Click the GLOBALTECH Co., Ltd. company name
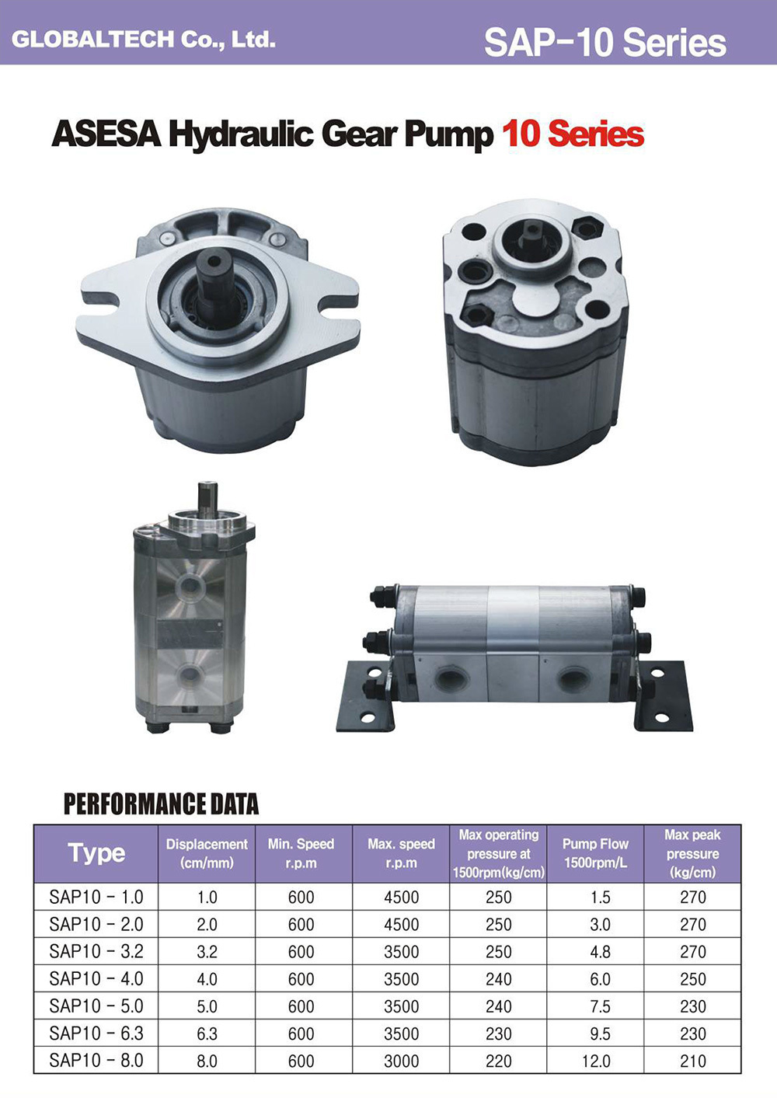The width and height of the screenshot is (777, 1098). tap(143, 39)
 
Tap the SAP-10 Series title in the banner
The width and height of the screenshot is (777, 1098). tap(605, 43)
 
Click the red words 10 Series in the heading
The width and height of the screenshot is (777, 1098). tap(573, 134)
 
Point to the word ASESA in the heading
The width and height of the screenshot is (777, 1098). tap(106, 134)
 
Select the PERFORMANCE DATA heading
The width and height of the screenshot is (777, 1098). tap(162, 804)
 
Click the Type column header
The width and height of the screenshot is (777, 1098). tap(96, 853)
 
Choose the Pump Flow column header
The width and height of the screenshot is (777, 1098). tap(595, 853)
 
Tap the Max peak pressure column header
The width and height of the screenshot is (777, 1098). tap(692, 853)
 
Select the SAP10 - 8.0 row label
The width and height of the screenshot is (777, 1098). tap(96, 1061)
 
